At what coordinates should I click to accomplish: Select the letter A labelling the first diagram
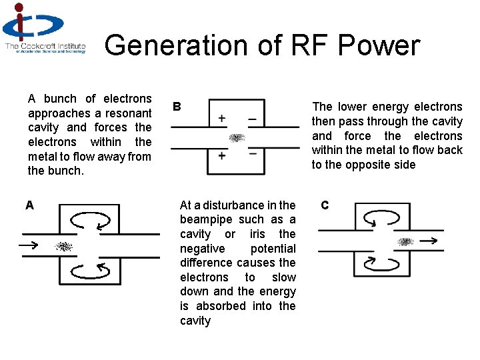[29, 205]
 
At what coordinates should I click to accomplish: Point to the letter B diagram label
[177, 106]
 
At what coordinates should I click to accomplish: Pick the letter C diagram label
[325, 205]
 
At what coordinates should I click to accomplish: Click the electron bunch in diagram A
[63, 246]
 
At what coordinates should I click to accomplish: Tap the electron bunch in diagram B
[237, 138]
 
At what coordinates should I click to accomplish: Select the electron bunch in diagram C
[405, 241]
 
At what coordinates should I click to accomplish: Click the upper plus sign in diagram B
[221, 119]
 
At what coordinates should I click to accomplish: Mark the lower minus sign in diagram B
[252, 153]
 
